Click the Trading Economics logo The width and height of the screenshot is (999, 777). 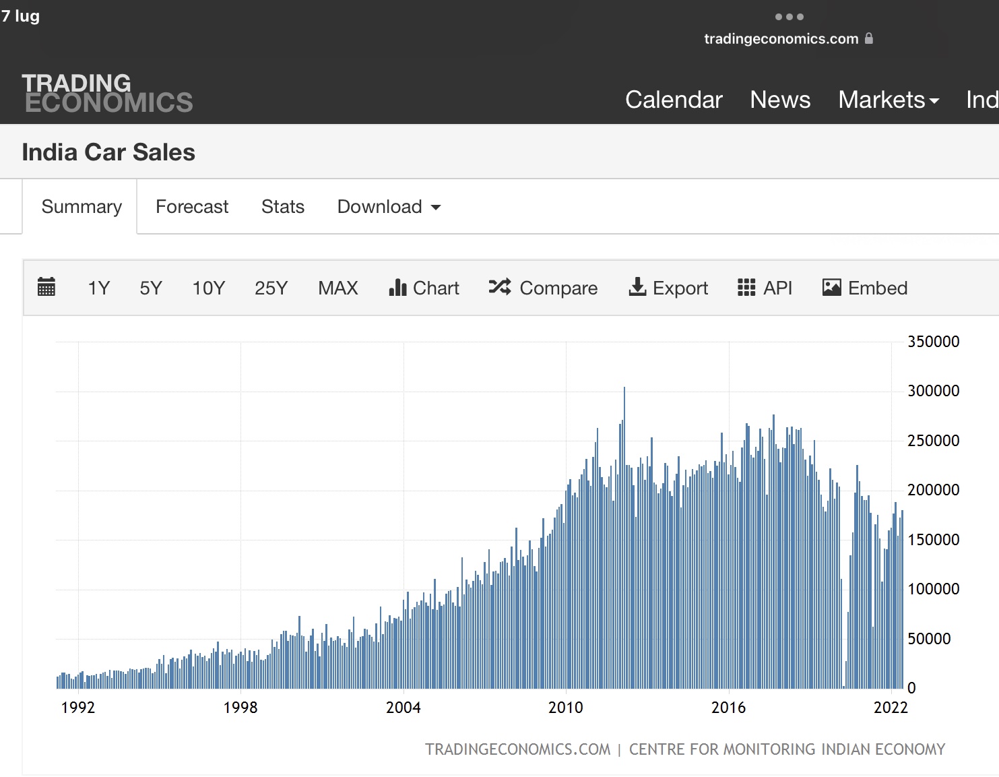(x=107, y=93)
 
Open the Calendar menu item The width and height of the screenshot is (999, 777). (x=674, y=100)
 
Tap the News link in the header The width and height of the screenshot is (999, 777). (x=780, y=100)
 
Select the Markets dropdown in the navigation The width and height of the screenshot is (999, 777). (x=889, y=100)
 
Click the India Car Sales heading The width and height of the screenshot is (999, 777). (x=108, y=152)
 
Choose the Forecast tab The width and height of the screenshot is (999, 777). (x=192, y=207)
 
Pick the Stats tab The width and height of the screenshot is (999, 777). (x=283, y=207)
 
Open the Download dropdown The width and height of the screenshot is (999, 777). (x=389, y=207)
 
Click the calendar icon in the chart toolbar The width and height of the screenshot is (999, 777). (x=46, y=287)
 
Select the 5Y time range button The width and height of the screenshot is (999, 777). (x=151, y=288)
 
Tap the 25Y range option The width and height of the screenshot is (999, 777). (x=271, y=288)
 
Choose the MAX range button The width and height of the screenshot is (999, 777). (x=338, y=288)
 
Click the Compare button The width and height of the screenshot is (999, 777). (x=543, y=288)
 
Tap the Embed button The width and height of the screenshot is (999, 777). (x=865, y=288)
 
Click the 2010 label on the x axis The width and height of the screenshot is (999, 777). (x=565, y=708)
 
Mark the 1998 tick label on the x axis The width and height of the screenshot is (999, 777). (x=240, y=708)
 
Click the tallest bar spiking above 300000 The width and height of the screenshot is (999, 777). (x=624, y=538)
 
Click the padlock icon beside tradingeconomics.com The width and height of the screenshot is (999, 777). (x=868, y=38)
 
